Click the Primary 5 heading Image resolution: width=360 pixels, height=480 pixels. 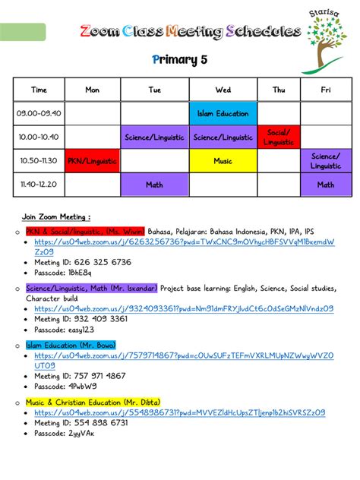coord(179,59)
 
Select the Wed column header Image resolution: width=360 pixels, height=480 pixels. coord(223,90)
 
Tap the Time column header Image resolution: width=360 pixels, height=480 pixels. coord(39,90)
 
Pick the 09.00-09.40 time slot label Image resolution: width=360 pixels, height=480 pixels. coord(39,114)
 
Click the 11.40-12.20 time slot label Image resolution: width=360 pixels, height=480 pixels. coord(39,185)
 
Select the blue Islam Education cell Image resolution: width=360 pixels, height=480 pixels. coord(223,114)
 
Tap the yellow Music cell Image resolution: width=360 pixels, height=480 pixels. coord(223,161)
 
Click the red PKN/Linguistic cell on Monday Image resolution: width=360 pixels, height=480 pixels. coord(92,161)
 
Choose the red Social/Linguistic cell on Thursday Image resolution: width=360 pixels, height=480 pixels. coord(279,137)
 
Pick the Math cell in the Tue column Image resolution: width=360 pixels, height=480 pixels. coord(155,185)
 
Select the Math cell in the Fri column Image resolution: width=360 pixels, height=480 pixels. coord(326,185)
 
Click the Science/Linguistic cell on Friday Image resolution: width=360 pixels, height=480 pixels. coord(326,161)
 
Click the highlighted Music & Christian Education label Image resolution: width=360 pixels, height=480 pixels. coord(93,402)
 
